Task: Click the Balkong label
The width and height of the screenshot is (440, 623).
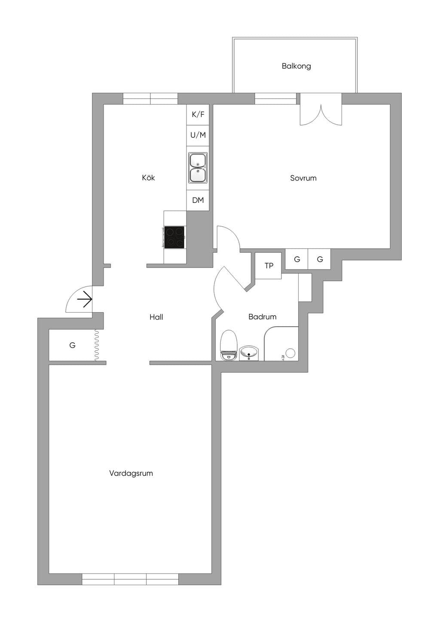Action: pyautogui.click(x=296, y=66)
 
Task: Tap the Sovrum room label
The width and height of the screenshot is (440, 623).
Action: pyautogui.click(x=303, y=178)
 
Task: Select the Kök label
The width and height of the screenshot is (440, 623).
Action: pyautogui.click(x=148, y=178)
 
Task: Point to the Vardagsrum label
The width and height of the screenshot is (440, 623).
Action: pyautogui.click(x=131, y=473)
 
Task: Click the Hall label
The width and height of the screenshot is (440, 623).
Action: pyautogui.click(x=156, y=317)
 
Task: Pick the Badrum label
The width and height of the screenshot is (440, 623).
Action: pyautogui.click(x=263, y=317)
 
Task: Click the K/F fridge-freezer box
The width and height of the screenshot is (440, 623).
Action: pyautogui.click(x=198, y=115)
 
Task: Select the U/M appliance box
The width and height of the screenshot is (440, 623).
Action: pyautogui.click(x=198, y=135)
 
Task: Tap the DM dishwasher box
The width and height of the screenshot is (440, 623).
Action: pyautogui.click(x=198, y=200)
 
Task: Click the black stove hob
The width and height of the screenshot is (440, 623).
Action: pyautogui.click(x=174, y=237)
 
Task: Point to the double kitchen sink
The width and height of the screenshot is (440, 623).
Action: pyautogui.click(x=198, y=168)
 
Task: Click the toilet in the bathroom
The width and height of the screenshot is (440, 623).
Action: pyautogui.click(x=228, y=345)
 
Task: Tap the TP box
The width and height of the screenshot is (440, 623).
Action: pyautogui.click(x=268, y=266)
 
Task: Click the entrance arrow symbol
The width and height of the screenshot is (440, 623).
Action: pyautogui.click(x=85, y=300)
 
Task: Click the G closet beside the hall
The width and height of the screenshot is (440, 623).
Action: pyautogui.click(x=72, y=345)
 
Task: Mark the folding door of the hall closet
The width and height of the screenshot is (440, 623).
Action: pyautogui.click(x=97, y=345)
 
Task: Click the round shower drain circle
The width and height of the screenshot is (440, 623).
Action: pyautogui.click(x=290, y=353)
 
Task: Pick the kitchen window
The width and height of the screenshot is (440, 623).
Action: pyautogui.click(x=150, y=99)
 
